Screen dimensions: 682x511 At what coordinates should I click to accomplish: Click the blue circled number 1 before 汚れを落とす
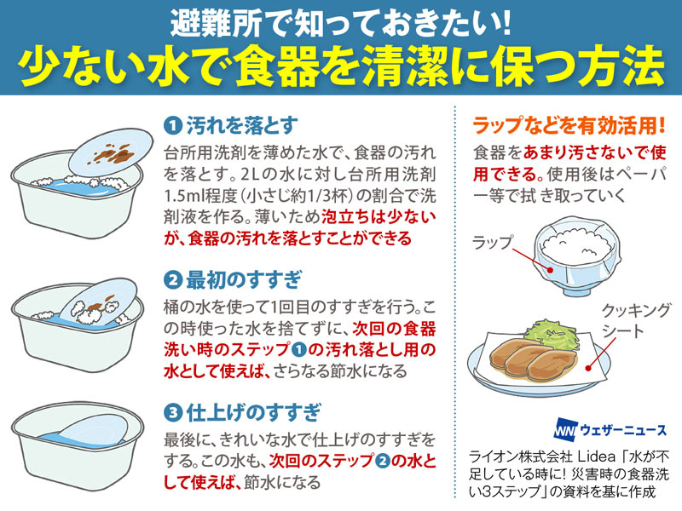pyautogui.click(x=173, y=126)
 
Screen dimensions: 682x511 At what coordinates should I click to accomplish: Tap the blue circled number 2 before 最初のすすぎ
pyautogui.click(x=173, y=280)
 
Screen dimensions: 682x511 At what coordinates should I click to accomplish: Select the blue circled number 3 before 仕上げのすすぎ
pyautogui.click(x=173, y=412)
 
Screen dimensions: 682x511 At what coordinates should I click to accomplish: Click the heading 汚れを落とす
pyautogui.click(x=242, y=126)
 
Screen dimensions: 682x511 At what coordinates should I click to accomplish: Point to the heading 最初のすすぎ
pyautogui.click(x=244, y=280)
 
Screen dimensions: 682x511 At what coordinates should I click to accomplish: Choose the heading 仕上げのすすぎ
pyautogui.click(x=253, y=412)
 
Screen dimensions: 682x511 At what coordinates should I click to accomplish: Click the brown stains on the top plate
pyautogui.click(x=112, y=154)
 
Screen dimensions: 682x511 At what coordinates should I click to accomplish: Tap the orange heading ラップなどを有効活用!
pyautogui.click(x=569, y=125)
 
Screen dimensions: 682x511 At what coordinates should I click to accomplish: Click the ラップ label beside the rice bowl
pyautogui.click(x=493, y=243)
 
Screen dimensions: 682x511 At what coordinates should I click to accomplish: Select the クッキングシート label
pyautogui.click(x=636, y=321)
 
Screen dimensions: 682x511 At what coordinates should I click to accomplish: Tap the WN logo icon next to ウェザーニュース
pyautogui.click(x=565, y=430)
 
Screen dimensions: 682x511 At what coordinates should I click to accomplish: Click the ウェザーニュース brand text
pyautogui.click(x=623, y=430)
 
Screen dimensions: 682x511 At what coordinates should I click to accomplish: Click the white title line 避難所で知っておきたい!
pyautogui.click(x=340, y=23)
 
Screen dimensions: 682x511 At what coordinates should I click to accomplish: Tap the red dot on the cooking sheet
pyautogui.click(x=588, y=368)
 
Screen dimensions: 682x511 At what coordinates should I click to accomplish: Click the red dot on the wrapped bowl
pyautogui.click(x=551, y=270)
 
